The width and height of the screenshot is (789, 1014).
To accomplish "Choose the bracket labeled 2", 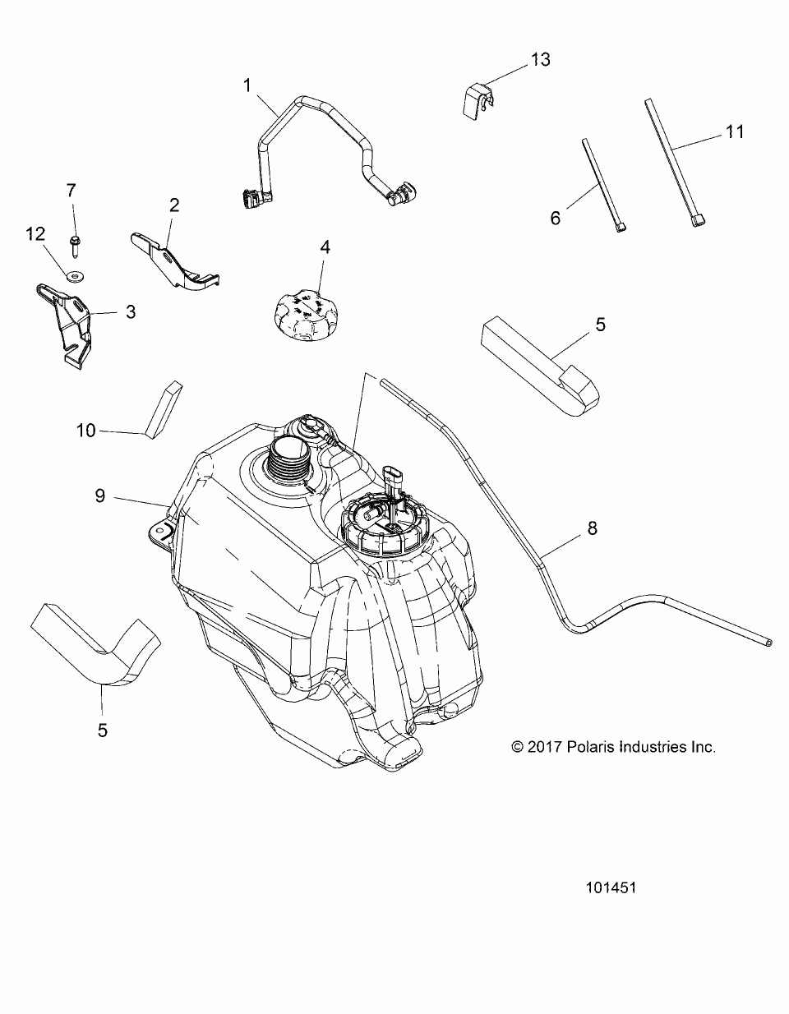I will [x=178, y=261].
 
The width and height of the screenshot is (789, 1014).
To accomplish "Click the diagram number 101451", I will [x=612, y=887].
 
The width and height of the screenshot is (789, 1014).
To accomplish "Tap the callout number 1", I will [x=246, y=85].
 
